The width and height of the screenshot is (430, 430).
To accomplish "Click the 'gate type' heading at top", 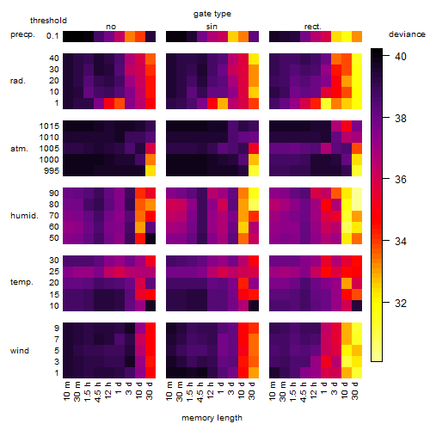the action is tap(212, 14).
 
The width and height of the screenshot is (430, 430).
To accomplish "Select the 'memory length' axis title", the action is tap(212, 418).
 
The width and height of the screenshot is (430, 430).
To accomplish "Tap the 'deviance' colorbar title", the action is tap(407, 34).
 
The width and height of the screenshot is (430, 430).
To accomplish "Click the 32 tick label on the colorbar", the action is tap(401, 303).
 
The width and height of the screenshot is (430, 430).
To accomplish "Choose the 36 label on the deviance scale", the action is tap(401, 180).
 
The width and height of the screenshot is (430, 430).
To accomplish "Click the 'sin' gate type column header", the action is tap(212, 27).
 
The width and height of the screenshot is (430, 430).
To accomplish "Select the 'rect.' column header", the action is tap(313, 27).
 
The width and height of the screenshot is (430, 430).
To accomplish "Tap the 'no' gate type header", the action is tap(111, 27).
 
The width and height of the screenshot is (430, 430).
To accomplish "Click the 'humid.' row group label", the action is tap(24, 216).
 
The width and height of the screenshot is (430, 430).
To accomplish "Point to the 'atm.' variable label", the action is tap(19, 149).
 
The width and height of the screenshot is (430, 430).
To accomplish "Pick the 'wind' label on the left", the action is tap(20, 351).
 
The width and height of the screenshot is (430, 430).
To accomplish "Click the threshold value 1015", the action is tap(49, 126).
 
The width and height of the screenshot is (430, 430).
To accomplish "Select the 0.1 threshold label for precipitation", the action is tap(52, 36).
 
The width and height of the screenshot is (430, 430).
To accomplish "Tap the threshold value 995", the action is tap(52, 171).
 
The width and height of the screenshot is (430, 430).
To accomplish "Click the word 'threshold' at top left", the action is tap(48, 21).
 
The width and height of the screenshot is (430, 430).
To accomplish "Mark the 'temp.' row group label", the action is tap(21, 282).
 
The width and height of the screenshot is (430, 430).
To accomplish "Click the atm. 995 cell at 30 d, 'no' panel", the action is tap(150, 170).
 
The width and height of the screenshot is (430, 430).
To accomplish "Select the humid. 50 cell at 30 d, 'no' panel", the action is tap(150, 238).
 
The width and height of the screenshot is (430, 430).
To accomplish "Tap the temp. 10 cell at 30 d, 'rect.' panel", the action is tap(357, 305).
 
